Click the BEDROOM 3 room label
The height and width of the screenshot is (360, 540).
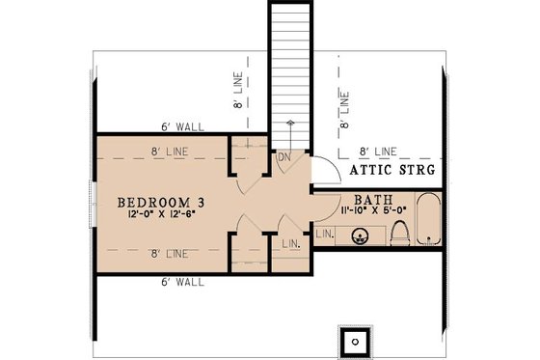tap(159, 202)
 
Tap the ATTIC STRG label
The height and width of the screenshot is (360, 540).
tap(389, 170)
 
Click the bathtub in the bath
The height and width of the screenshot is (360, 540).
tap(429, 224)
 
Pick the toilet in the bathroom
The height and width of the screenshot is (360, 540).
tap(401, 231)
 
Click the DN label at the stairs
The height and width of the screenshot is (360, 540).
tap(283, 157)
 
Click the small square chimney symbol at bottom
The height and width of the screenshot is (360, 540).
tap(356, 341)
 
